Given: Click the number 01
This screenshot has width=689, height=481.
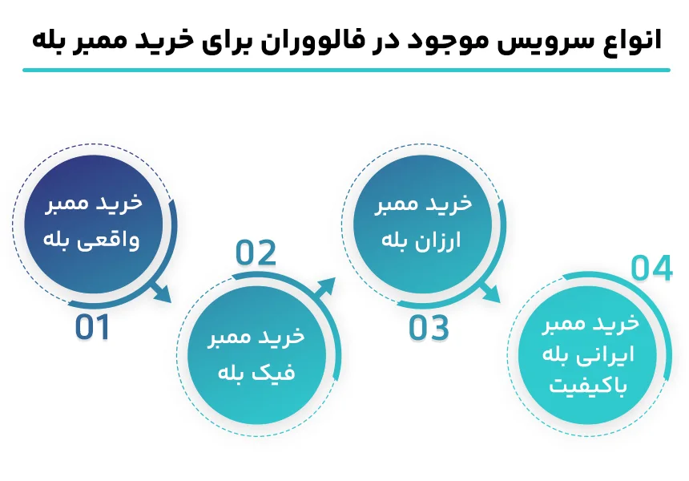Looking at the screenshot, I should [x=92, y=328].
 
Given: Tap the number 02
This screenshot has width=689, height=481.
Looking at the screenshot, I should [x=256, y=253].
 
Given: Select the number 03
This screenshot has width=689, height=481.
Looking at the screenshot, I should [x=429, y=328].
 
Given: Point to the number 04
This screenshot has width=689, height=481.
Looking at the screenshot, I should [x=651, y=269].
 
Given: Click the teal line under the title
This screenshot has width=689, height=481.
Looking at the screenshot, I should [x=344, y=70].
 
